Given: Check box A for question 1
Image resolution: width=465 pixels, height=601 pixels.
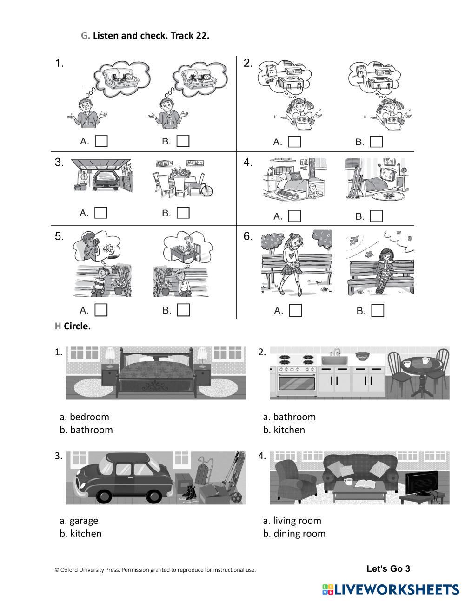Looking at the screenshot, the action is (x=101, y=141).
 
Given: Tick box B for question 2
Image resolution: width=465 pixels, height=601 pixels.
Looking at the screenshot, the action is (x=376, y=142).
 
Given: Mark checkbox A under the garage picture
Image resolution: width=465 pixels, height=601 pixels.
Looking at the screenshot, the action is (x=101, y=213).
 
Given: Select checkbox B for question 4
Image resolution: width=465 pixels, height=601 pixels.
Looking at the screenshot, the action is (x=376, y=216).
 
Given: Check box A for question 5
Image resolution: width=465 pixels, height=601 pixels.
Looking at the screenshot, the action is (x=101, y=310).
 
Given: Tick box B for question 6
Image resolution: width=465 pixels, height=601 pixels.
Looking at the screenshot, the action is (x=378, y=310).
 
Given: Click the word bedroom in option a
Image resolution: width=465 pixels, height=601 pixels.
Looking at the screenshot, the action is (x=89, y=417).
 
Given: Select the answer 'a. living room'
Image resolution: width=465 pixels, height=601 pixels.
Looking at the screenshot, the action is (x=292, y=521).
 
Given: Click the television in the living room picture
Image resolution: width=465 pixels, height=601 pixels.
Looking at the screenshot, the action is (x=421, y=483).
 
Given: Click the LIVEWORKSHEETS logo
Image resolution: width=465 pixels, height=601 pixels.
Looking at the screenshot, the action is (x=391, y=589).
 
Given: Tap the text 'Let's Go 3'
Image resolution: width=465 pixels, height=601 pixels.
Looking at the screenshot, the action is (x=388, y=568).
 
